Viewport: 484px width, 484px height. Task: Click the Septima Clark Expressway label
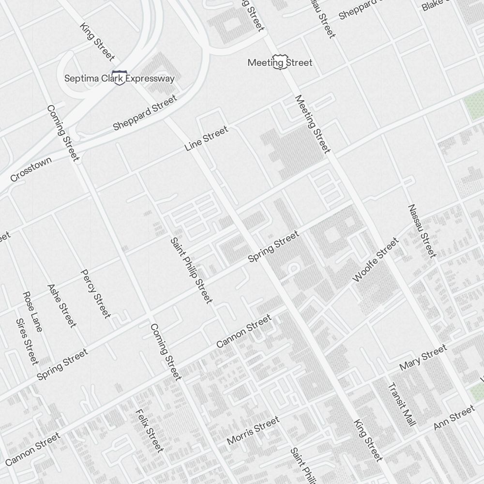click(120, 78)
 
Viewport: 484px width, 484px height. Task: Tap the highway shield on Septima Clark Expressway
click(119, 77)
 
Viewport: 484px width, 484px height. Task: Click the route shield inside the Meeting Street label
click(278, 62)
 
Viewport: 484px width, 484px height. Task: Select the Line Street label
click(206, 139)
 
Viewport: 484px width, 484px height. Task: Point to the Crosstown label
click(30, 170)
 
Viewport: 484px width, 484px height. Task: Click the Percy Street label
click(95, 294)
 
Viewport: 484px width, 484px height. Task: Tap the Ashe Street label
click(62, 305)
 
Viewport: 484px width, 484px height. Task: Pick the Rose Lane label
click(32, 312)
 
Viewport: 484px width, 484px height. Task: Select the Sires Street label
click(27, 341)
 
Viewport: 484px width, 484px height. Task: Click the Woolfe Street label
click(376, 260)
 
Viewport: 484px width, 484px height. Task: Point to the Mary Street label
click(423, 358)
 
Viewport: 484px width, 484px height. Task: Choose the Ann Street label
click(454, 418)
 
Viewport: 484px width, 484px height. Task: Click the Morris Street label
click(253, 430)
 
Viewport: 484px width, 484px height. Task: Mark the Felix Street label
click(149, 430)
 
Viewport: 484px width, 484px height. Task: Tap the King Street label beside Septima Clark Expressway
click(97, 41)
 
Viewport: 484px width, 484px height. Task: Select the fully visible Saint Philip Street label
click(192, 271)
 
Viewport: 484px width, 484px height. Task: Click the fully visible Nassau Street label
click(422, 231)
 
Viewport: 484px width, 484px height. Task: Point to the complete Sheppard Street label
click(145, 113)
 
